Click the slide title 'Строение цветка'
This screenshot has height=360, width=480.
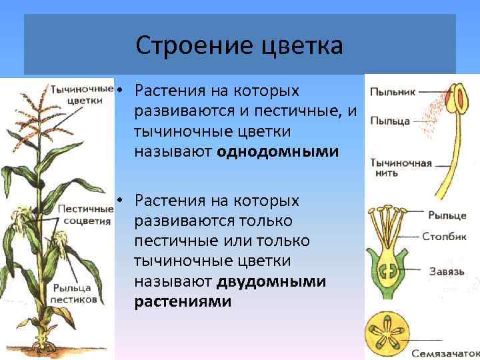tap(239, 46)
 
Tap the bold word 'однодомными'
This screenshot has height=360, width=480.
tap(277, 152)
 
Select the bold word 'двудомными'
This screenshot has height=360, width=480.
tap(271, 281)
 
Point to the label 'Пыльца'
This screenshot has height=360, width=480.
tap(389, 121)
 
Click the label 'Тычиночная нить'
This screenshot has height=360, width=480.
tap(401, 167)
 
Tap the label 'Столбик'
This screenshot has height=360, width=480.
tap(444, 236)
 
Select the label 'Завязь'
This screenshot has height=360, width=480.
tap(447, 271)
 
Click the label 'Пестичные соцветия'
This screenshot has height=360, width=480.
tap(84, 215)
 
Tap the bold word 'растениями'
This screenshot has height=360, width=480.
tap(183, 301)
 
